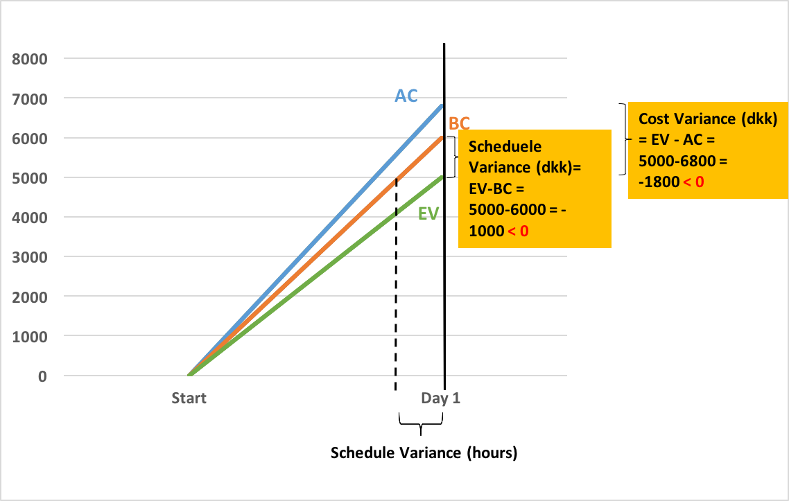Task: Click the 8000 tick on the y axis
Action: [30, 59]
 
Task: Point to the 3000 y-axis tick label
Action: [30, 256]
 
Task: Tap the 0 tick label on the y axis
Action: [42, 376]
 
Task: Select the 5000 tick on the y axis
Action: [30, 177]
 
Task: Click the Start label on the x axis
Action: [189, 398]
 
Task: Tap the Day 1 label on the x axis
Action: [441, 398]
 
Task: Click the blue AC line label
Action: [406, 96]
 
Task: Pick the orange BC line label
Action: [460, 123]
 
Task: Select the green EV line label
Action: [428, 213]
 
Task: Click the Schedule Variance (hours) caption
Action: [424, 453]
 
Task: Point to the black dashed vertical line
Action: [395, 291]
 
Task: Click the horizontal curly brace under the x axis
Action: [421, 423]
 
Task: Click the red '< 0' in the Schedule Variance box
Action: [518, 231]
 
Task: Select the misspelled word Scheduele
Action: [505, 147]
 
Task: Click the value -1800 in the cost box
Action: [655, 182]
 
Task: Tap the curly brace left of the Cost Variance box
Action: [623, 139]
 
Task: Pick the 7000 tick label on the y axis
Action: [30, 98]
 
